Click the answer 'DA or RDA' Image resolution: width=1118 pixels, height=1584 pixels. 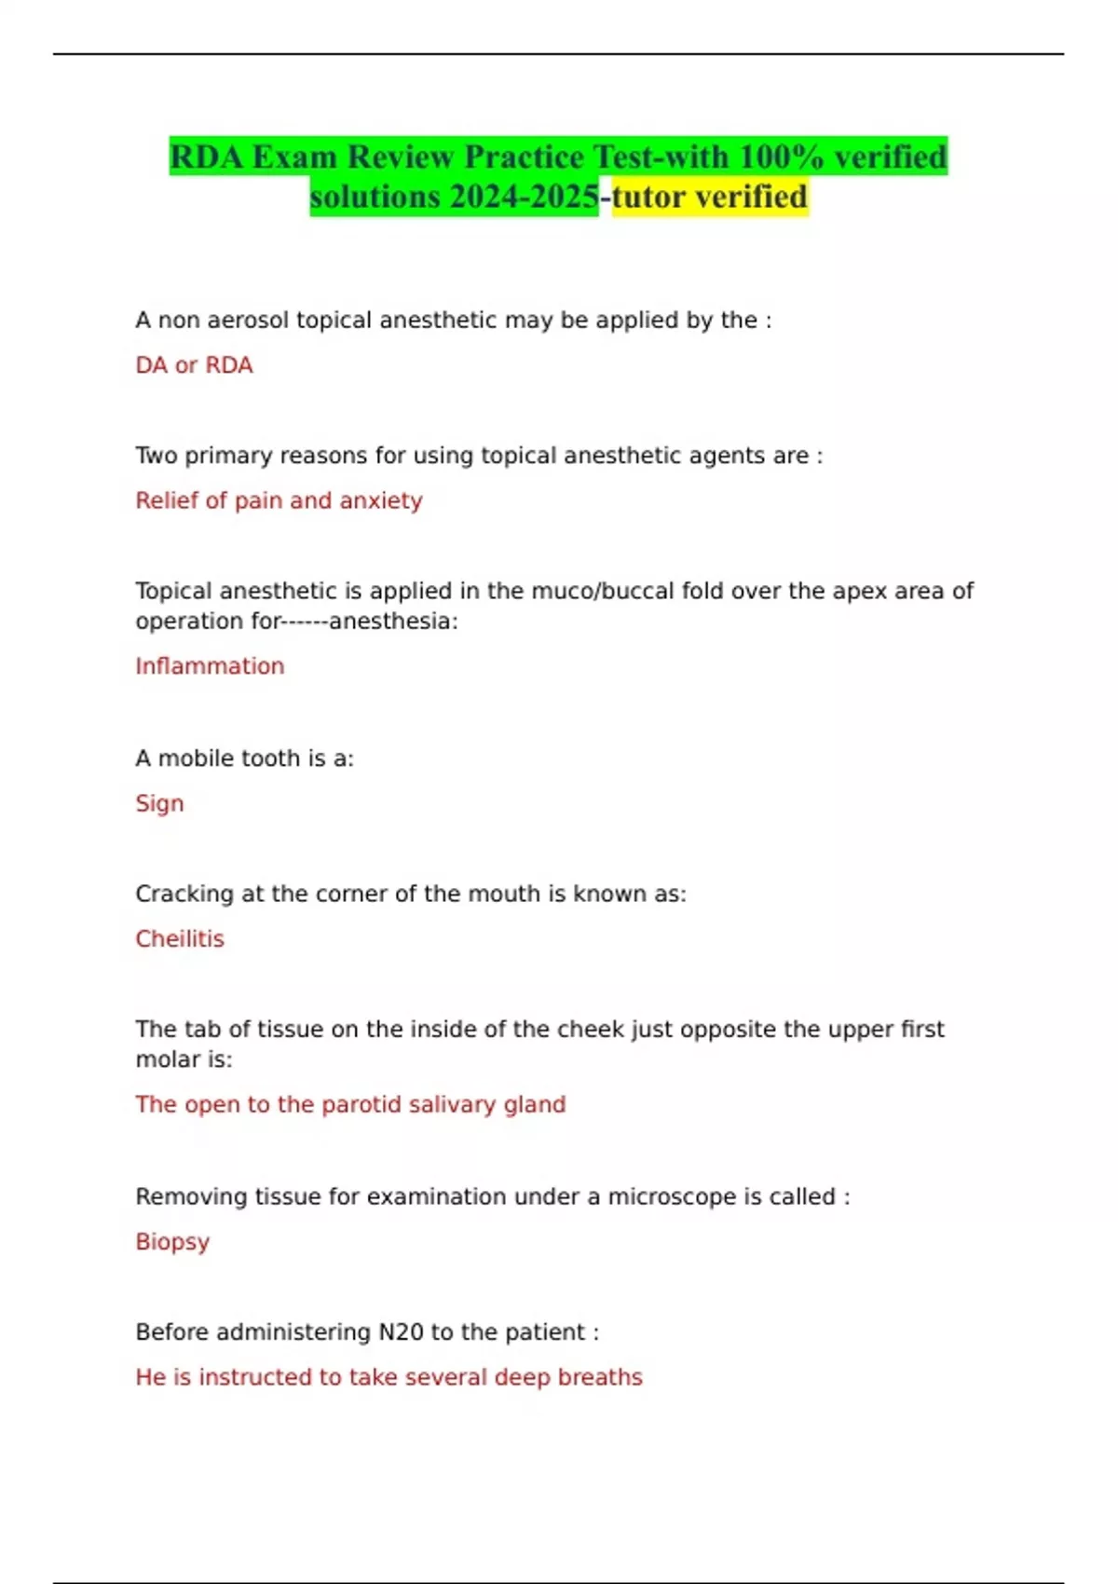194,365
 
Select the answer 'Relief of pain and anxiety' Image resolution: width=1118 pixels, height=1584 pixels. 279,500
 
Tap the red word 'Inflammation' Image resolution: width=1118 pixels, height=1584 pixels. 210,666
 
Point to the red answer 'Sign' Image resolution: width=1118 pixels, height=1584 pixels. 159,803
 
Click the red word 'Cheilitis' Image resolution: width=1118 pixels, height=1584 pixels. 180,938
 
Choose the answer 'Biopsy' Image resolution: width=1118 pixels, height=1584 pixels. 172,1242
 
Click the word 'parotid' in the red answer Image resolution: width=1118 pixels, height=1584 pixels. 362,1104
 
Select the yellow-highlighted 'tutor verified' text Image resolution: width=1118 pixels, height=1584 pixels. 710,198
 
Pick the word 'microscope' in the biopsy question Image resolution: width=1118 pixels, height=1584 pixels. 670,1196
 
